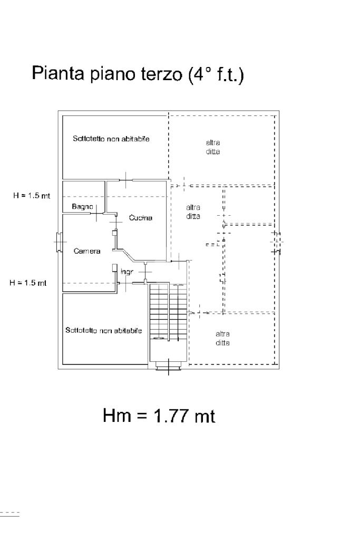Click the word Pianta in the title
pyautogui.click(x=56, y=73)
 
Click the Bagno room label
pyautogui.click(x=82, y=207)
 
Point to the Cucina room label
pyautogui.click(x=141, y=218)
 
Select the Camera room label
pyautogui.click(x=87, y=251)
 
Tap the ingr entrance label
pyautogui.click(x=127, y=272)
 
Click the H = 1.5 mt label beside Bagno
pyautogui.click(x=32, y=196)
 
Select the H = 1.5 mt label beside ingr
pyautogui.click(x=28, y=283)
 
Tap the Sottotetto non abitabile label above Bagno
pyautogui.click(x=111, y=139)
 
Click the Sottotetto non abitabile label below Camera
pyautogui.click(x=104, y=331)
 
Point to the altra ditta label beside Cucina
pyautogui.click(x=193, y=212)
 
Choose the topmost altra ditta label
pyautogui.click(x=213, y=147)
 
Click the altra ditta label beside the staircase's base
pyautogui.click(x=222, y=338)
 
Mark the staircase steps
pyautogui.click(x=168, y=311)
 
